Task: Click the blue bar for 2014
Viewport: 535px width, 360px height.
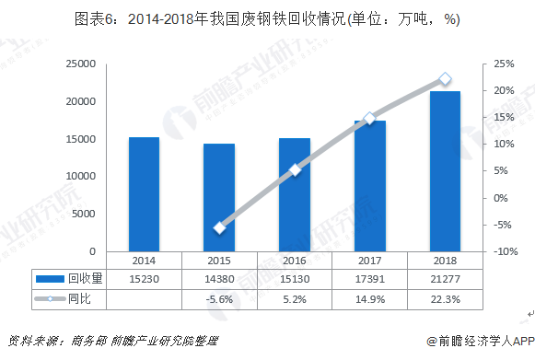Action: point(144,194)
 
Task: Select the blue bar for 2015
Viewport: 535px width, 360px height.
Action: point(219,197)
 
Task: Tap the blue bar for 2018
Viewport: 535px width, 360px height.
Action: point(445,171)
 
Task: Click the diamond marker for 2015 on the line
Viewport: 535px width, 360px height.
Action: point(219,227)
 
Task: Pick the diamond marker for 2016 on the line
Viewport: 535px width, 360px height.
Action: point(295,169)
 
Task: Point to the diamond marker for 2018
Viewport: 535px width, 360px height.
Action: point(445,79)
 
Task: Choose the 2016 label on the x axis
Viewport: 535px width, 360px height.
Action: point(295,261)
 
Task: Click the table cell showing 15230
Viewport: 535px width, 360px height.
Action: point(144,279)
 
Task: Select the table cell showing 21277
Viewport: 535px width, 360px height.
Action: point(445,279)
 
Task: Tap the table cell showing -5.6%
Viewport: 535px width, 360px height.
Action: point(219,299)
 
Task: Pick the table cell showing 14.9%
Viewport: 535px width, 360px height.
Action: point(369,299)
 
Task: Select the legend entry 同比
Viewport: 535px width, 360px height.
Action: point(69,299)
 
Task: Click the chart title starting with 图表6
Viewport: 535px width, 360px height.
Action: point(267,17)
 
